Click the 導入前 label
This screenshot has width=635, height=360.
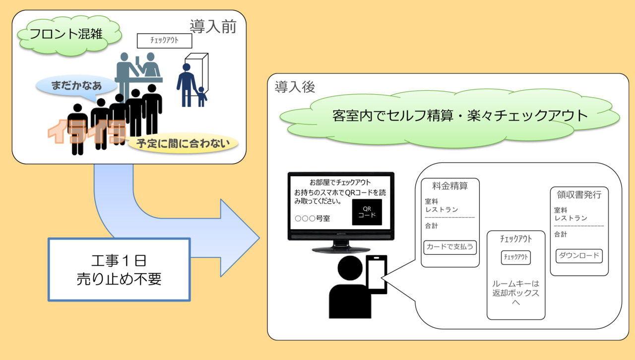click(x=212, y=27)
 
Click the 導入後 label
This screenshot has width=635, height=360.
click(x=295, y=87)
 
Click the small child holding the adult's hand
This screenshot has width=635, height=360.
click(x=201, y=96)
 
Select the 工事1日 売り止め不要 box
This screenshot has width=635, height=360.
click(x=119, y=269)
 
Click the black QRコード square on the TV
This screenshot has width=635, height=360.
click(x=367, y=212)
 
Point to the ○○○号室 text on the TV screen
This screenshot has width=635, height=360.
click(x=312, y=218)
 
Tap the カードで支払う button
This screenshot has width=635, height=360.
click(x=450, y=247)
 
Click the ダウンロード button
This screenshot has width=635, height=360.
click(x=579, y=256)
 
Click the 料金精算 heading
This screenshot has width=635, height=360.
click(x=450, y=186)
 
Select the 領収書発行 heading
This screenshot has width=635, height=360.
click(x=579, y=194)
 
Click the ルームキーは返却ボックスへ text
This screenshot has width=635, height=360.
click(x=515, y=293)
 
